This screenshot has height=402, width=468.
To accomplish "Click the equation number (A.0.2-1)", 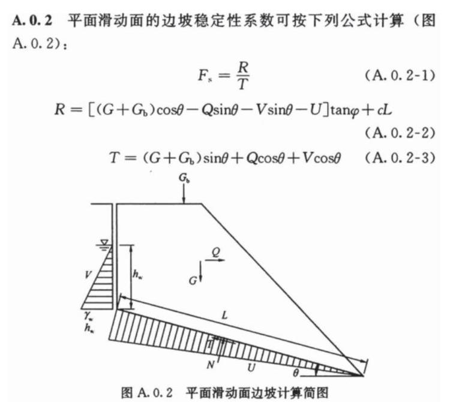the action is (x=400, y=76).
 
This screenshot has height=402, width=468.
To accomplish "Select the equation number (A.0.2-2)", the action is (x=400, y=133).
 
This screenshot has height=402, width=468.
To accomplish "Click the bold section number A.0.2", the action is (x=32, y=20).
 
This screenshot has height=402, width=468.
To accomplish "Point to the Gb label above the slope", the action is (x=184, y=178).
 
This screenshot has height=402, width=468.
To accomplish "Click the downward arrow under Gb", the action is (x=184, y=194).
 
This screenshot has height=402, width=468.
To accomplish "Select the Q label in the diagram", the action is (x=216, y=252).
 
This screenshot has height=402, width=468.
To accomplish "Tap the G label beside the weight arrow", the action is (x=193, y=281).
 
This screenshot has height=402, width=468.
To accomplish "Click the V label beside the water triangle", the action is (x=88, y=274).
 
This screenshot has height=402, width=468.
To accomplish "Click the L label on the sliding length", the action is (x=225, y=315).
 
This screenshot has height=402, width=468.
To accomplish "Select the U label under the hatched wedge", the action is (x=251, y=367).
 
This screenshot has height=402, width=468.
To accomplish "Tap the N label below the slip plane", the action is (x=211, y=365).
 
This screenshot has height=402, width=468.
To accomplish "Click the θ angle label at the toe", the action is (x=295, y=373).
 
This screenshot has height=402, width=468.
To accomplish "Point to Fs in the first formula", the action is (x=205, y=75).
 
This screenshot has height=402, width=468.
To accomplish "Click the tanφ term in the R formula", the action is (x=345, y=111).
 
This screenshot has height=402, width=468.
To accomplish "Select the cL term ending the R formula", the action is (x=385, y=110).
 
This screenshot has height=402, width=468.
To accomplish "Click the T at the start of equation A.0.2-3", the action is (x=115, y=157).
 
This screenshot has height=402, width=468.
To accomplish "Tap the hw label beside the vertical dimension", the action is (x=137, y=274).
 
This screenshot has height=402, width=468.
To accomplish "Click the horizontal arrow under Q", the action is (x=215, y=260).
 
